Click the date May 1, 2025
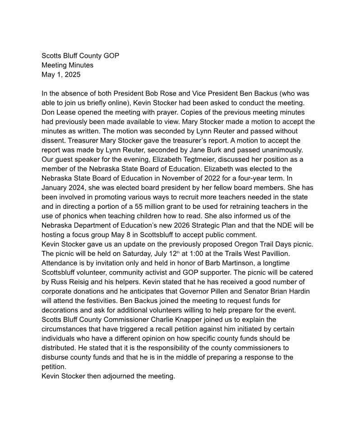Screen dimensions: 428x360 click(x=61, y=75)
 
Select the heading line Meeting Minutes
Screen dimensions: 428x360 click(x=67, y=65)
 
